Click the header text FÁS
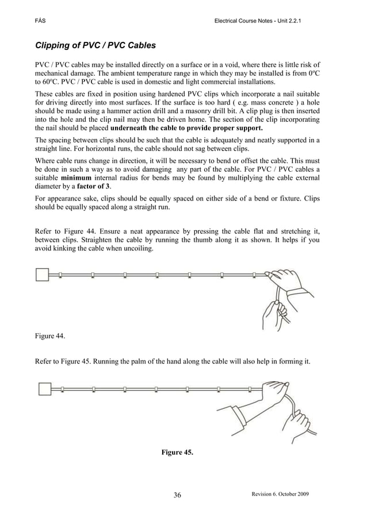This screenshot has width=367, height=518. click(x=40, y=21)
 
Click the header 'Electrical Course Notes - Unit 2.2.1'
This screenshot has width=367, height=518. click(x=257, y=21)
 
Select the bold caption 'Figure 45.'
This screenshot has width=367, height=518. click(x=177, y=453)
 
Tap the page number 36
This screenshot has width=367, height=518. click(x=177, y=496)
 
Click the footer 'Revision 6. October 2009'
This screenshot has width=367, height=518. click(x=280, y=494)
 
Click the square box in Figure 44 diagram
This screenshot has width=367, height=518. click(x=43, y=275)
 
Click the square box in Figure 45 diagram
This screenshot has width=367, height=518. click(x=44, y=389)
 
